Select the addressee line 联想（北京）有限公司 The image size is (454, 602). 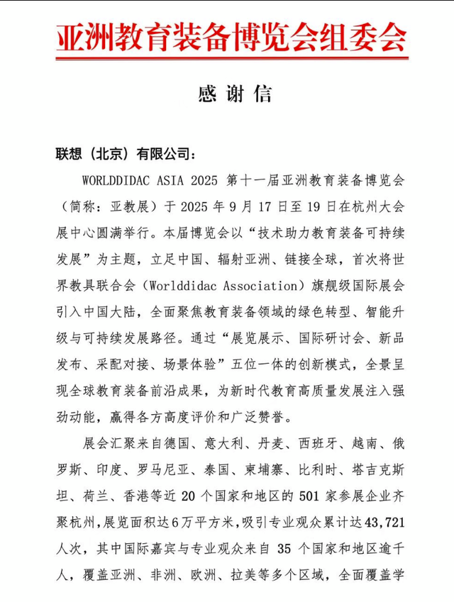(x=122, y=155)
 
